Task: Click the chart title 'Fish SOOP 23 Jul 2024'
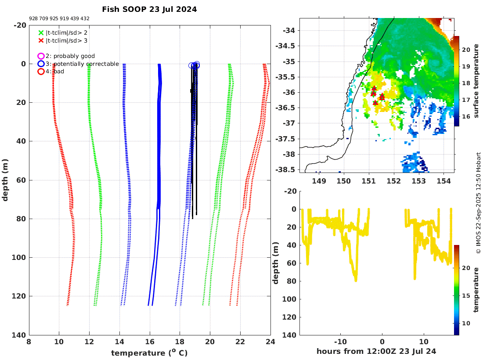click(x=149, y=9)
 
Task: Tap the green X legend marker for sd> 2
click(x=41, y=32)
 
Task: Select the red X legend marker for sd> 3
click(x=41, y=41)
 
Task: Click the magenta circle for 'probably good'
click(x=41, y=56)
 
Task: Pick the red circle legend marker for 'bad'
click(x=41, y=72)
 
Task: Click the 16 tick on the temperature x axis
click(x=150, y=342)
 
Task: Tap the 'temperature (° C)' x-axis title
click(x=149, y=353)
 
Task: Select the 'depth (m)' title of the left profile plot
click(x=5, y=180)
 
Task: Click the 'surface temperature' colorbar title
click(x=476, y=81)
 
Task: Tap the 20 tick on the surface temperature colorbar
click(x=465, y=50)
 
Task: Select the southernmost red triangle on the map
click(x=375, y=103)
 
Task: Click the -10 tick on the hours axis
click(x=341, y=342)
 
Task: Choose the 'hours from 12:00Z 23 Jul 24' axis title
click(x=376, y=351)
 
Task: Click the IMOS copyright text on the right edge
click(x=479, y=203)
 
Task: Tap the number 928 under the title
click(x=33, y=18)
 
